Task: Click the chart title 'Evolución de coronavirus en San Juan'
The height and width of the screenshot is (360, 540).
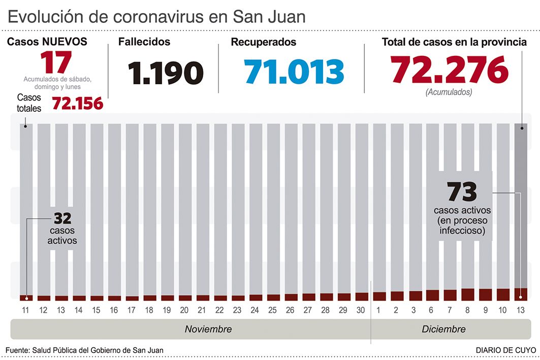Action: click(156, 17)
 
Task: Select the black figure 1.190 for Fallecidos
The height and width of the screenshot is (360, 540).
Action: click(166, 73)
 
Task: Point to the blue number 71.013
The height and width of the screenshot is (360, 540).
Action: click(294, 72)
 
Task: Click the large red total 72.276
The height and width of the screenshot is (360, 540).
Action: click(449, 70)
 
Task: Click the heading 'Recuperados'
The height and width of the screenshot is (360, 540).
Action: click(263, 42)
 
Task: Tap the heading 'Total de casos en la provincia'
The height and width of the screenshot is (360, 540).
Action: click(454, 42)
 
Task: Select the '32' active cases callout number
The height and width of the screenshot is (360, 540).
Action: click(62, 219)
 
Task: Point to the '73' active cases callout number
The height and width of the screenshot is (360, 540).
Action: click(462, 192)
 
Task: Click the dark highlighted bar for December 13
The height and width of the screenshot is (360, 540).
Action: click(521, 208)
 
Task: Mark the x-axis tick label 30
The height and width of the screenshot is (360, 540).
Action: click(361, 310)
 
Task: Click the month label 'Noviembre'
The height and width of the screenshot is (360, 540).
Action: click(208, 329)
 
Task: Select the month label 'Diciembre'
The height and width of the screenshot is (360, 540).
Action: click(443, 329)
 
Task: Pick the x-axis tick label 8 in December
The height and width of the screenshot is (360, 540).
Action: click(467, 310)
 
